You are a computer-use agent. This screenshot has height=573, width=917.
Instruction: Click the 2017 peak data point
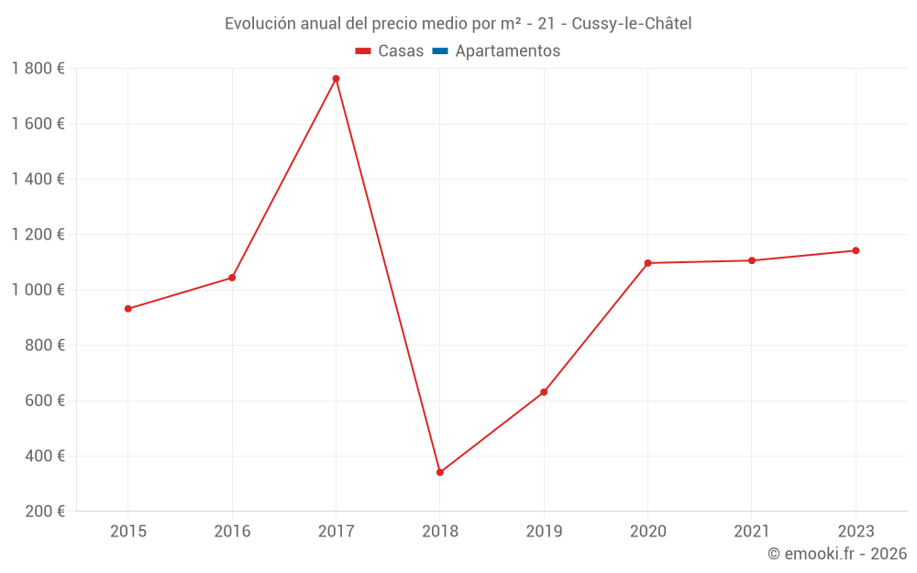click(336, 79)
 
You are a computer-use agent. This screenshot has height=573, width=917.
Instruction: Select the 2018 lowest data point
click(440, 472)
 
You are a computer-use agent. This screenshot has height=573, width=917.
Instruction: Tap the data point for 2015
click(128, 309)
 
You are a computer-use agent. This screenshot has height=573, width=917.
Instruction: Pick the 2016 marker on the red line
click(232, 278)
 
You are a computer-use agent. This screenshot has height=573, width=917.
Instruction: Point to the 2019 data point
click(544, 392)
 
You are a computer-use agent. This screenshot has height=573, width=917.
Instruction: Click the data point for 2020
click(648, 263)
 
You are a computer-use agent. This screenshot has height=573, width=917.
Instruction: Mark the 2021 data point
click(752, 260)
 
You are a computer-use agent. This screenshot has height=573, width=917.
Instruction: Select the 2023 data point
click(856, 251)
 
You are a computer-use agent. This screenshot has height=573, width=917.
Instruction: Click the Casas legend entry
click(390, 50)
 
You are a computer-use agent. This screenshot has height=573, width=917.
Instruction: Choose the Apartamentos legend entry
click(496, 50)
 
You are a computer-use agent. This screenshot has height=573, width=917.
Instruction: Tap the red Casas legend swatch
click(363, 51)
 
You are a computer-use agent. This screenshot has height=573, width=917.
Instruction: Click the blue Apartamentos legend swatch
click(440, 51)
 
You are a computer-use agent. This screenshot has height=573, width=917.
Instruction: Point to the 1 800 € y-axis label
click(38, 69)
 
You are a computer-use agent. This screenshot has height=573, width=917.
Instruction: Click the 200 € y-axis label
click(45, 511)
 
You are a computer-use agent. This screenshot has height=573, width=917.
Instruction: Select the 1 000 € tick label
click(38, 290)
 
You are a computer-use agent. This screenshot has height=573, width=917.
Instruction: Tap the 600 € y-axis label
click(45, 401)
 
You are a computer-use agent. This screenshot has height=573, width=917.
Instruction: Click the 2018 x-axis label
click(440, 531)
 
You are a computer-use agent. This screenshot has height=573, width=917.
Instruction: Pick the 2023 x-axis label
click(856, 531)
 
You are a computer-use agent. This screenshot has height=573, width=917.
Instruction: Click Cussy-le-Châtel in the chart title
click(632, 24)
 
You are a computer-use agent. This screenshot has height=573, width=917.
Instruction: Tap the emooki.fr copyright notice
click(837, 554)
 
